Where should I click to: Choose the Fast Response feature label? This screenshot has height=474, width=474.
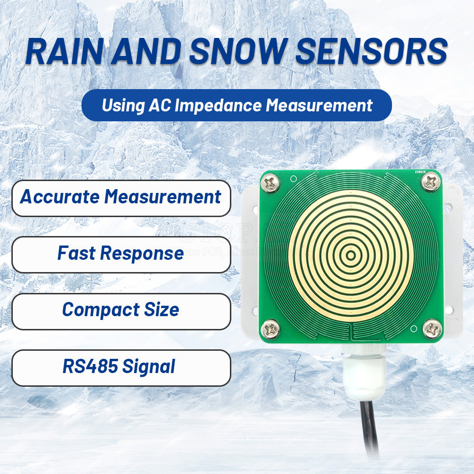[x=120, y=253]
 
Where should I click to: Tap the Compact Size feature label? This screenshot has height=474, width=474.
[x=120, y=310]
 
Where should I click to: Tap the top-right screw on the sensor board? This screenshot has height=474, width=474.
[x=430, y=181]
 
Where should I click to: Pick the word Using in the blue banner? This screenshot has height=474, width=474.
[x=119, y=105]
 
